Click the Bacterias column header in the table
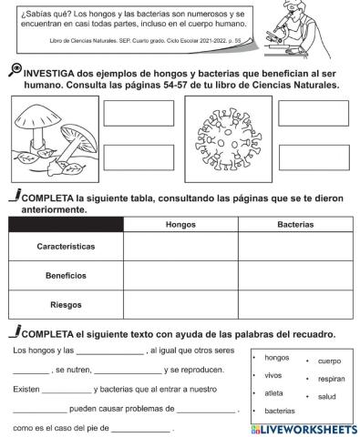295,224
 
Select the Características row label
65,247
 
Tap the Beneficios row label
65,275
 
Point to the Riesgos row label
65,303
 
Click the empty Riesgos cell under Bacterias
295,303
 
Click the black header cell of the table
65,224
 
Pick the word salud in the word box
326,396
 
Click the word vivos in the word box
273,374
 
